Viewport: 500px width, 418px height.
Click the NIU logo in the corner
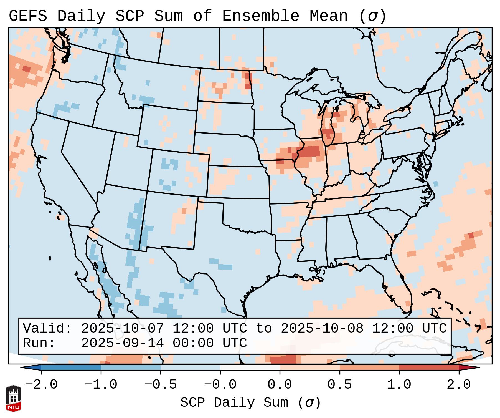click(13, 398)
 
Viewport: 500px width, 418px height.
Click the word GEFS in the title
click(28, 16)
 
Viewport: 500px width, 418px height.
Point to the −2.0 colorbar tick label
click(41, 385)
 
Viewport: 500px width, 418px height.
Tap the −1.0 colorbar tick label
click(101, 385)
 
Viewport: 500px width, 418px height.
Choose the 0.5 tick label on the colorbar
click(339, 385)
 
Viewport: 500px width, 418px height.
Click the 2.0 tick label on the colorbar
click(459, 385)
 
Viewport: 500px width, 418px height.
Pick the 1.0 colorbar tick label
click(399, 385)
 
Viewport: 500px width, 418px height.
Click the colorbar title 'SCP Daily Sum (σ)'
click(250, 402)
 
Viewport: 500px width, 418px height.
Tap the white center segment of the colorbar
click(250, 367)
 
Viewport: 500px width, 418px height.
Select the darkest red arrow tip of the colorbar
click(469, 367)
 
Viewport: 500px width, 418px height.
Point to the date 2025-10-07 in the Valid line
click(122, 328)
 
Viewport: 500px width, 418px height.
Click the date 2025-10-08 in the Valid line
click(322, 328)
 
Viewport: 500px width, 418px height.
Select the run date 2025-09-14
click(122, 343)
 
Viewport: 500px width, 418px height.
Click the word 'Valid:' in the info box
click(47, 328)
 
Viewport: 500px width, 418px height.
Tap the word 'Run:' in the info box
click(39, 343)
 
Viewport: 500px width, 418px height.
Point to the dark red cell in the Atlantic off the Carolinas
click(471, 236)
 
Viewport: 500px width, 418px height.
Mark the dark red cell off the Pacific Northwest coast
click(26, 69)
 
